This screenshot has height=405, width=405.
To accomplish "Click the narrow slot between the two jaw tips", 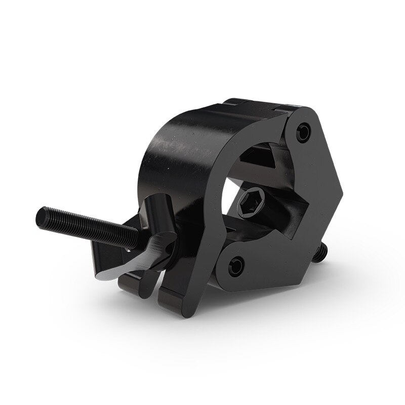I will coord(157,283).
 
